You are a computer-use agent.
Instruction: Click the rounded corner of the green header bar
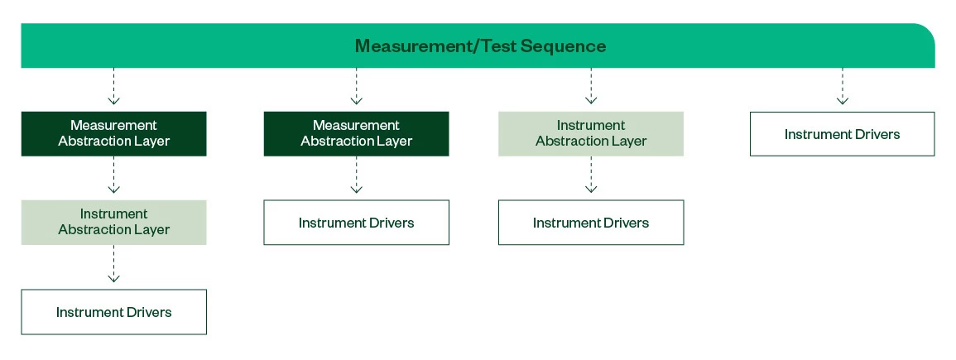tap(927, 31)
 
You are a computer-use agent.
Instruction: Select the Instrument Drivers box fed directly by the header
tap(842, 134)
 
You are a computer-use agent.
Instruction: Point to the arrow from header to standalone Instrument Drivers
tap(842, 86)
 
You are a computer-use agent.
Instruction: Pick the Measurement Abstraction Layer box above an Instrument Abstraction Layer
tap(114, 133)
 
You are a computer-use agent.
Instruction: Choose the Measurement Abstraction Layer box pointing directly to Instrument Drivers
tap(356, 133)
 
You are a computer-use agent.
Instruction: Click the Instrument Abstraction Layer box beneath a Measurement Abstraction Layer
tap(114, 223)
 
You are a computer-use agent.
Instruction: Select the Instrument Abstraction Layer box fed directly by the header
tap(591, 133)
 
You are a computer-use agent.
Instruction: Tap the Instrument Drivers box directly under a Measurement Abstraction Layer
tap(356, 223)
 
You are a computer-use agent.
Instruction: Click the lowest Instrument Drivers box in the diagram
tap(114, 312)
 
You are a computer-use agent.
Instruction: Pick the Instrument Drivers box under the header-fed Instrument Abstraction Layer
tap(591, 223)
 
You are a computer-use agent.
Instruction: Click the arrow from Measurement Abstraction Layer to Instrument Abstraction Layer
tap(114, 175)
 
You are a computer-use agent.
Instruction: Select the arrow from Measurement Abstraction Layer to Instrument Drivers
tap(356, 175)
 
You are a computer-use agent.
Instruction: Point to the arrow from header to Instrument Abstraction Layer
tap(591, 86)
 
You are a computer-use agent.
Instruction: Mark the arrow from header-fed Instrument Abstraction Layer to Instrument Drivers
tap(591, 175)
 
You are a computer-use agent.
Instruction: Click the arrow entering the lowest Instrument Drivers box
tap(114, 264)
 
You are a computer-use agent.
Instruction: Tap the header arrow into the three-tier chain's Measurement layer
tap(114, 86)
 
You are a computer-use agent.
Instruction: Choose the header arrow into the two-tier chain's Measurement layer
tap(356, 86)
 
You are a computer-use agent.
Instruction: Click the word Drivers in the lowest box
tap(149, 312)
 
